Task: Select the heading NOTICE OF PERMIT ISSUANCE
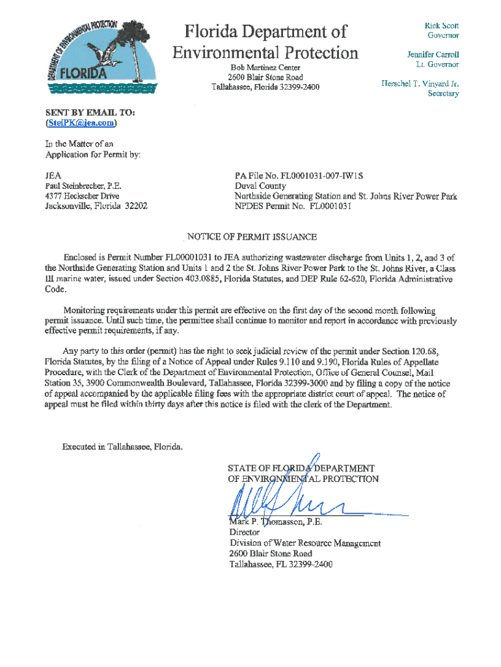pyautogui.click(x=252, y=236)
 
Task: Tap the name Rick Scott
pyautogui.click(x=442, y=25)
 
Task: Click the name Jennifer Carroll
pyautogui.click(x=433, y=54)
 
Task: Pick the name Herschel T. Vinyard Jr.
pyautogui.click(x=420, y=83)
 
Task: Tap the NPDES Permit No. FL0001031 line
pyautogui.click(x=293, y=206)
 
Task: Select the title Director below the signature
pyautogui.click(x=245, y=532)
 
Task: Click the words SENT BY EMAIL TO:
pyautogui.click(x=90, y=113)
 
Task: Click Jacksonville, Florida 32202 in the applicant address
pyautogui.click(x=96, y=206)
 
